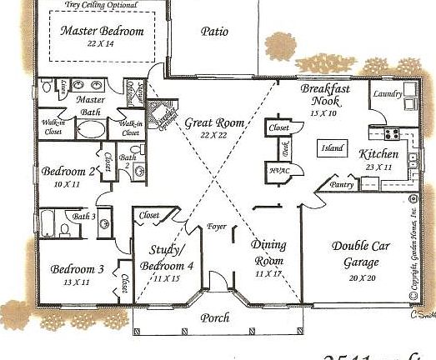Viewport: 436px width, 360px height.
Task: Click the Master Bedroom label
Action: click(x=103, y=32)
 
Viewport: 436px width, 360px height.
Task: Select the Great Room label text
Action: click(x=214, y=122)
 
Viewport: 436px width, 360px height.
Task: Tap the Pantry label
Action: click(x=342, y=185)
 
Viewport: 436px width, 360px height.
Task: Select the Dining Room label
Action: click(x=268, y=252)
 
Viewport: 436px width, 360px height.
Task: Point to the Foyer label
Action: click(x=218, y=225)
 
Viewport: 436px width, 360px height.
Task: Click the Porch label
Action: click(x=215, y=317)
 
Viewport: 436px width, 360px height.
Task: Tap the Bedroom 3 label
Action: click(x=77, y=269)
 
